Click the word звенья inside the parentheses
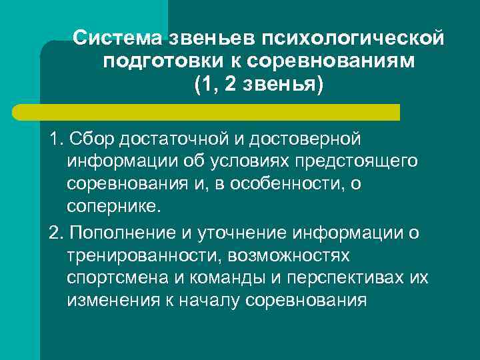(281, 85)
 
